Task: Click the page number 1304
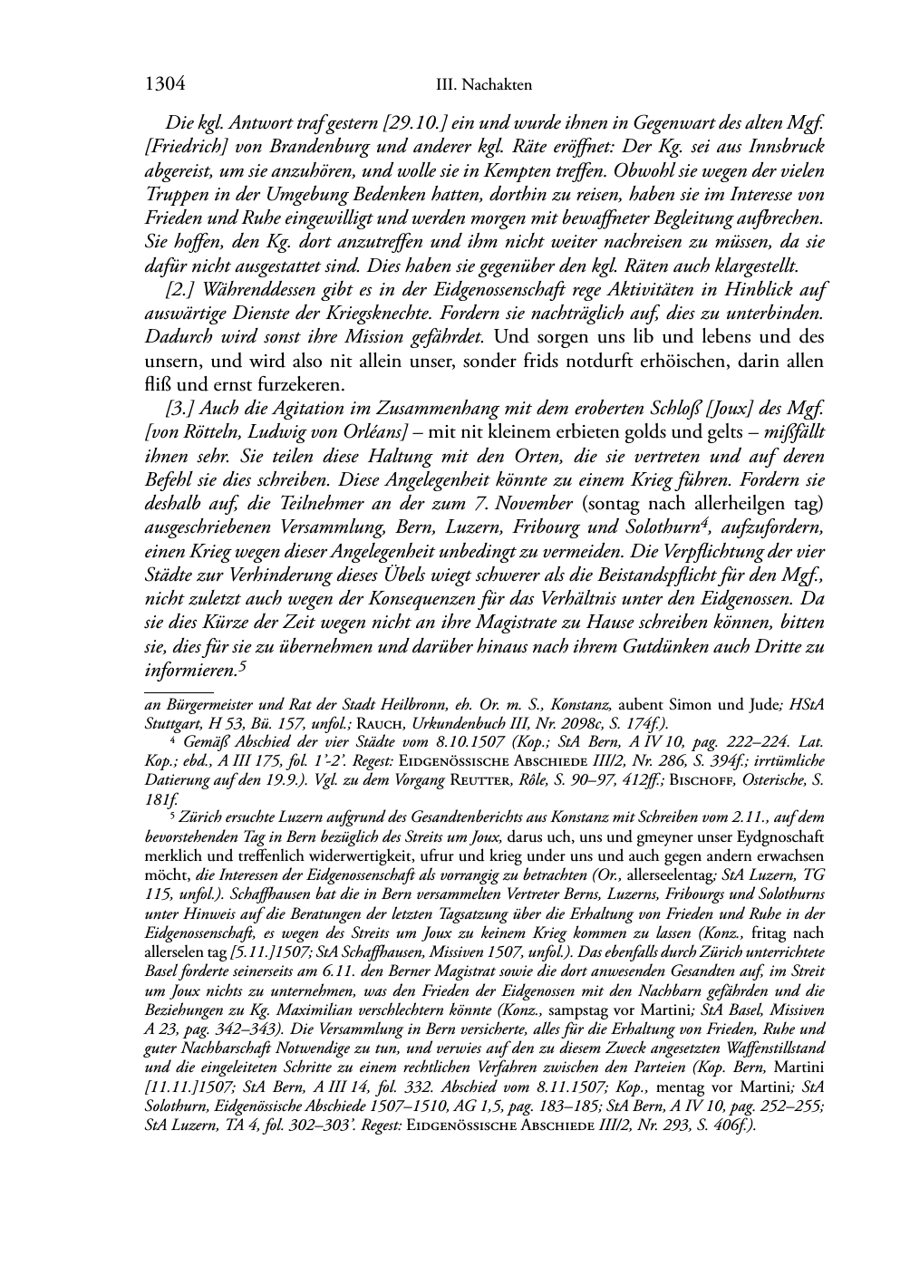165,85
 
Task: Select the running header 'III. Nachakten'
483,86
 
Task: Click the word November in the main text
531,504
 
